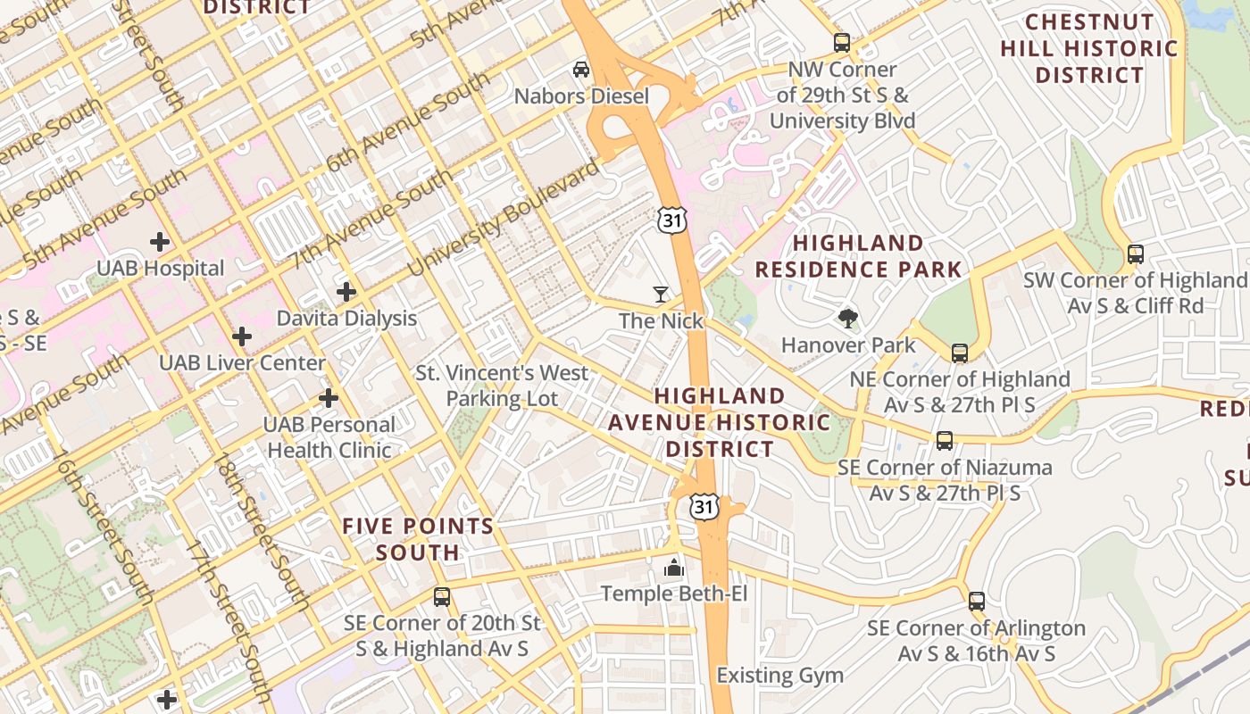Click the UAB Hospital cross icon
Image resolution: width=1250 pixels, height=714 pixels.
tap(160, 242)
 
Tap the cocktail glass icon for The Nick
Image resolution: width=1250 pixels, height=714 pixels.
tap(661, 294)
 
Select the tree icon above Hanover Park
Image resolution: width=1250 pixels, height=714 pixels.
tap(847, 318)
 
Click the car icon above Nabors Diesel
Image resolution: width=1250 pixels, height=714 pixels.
tap(581, 70)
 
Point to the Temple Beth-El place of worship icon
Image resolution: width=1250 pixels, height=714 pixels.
tap(673, 567)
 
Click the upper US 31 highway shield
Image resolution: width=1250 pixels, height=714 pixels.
tap(669, 220)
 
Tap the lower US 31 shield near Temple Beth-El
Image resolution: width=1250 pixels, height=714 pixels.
tap(704, 507)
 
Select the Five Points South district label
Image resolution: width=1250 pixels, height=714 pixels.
tap(418, 539)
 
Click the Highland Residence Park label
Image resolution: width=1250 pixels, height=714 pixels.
tap(858, 256)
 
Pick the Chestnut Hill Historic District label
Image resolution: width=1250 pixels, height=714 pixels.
tap(1089, 48)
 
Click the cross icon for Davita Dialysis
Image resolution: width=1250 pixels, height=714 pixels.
tap(346, 292)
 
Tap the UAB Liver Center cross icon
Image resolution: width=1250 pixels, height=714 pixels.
tap(241, 336)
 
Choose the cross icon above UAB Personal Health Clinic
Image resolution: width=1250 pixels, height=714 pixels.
tap(329, 398)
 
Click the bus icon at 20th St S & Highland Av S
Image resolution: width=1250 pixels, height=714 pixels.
tap(441, 596)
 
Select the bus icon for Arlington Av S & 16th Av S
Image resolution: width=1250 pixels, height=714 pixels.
tap(976, 602)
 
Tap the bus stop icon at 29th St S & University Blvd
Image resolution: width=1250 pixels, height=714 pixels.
tap(841, 42)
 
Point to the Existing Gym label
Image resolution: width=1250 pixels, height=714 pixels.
tap(779, 676)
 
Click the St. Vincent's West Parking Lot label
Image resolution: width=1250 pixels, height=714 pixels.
tap(502, 386)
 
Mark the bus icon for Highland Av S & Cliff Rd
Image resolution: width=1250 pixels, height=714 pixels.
tap(1135, 253)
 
